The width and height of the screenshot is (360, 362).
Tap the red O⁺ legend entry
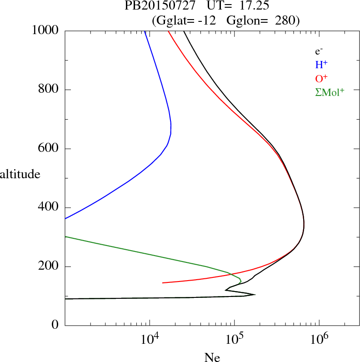point(322,78)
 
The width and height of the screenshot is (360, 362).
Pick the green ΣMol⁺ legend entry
point(330,92)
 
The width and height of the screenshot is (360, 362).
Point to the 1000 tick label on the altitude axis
point(46,31)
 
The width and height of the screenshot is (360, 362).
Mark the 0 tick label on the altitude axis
point(55,325)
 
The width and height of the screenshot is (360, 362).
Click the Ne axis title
point(212,357)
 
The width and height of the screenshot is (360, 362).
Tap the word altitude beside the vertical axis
point(20,174)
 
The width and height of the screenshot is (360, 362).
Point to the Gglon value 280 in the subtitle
point(286,21)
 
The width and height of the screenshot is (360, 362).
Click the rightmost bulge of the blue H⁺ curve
point(171,128)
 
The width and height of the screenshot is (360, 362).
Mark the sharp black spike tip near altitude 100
point(255,294)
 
